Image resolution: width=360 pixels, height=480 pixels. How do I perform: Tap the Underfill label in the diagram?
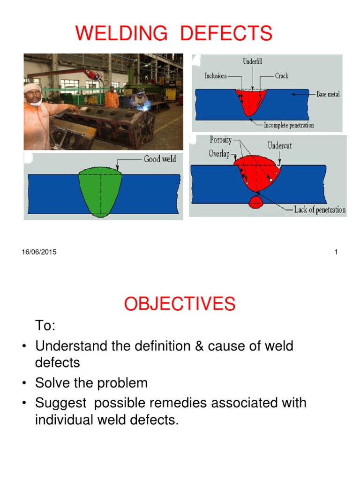[x=253, y=61]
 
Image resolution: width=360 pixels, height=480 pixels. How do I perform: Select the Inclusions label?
[x=216, y=76]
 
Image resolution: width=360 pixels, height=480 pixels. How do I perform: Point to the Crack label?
[x=282, y=76]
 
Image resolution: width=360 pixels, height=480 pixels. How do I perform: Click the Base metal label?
[x=328, y=94]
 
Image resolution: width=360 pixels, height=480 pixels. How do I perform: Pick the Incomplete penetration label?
[x=289, y=125]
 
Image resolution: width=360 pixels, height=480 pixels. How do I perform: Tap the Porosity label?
[x=220, y=140]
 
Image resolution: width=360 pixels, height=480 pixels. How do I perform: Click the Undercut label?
[x=279, y=145]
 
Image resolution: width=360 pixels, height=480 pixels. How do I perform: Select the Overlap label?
[x=219, y=154]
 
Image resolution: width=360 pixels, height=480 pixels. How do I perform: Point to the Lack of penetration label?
[x=320, y=210]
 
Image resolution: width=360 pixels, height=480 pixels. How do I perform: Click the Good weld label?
[x=160, y=159]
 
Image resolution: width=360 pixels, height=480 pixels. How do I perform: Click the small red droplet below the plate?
[x=255, y=202]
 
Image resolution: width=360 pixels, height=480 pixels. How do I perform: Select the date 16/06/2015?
[x=39, y=252]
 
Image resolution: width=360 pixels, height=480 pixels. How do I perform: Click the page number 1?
[x=336, y=252]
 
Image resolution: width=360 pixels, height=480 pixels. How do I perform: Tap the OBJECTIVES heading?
[x=180, y=304]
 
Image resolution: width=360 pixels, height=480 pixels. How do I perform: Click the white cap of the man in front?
[x=33, y=88]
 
